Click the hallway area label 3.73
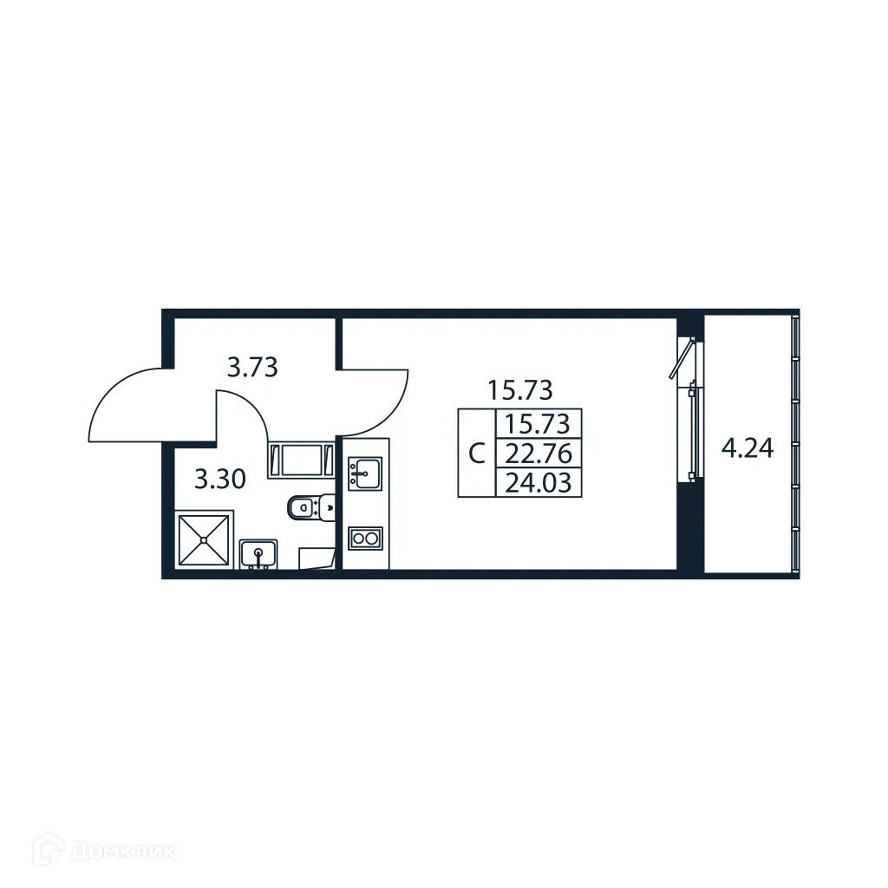tap(251, 368)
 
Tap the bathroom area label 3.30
tap(219, 479)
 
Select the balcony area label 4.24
tap(748, 449)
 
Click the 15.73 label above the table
tap(520, 390)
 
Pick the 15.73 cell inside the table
tap(538, 424)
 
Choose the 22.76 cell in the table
tap(538, 454)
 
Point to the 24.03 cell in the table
tap(538, 482)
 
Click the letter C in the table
tap(476, 454)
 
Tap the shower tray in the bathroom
tap(204, 540)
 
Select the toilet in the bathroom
tap(310, 507)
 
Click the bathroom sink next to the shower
tap(258, 552)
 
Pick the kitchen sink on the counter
tap(365, 473)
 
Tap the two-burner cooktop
tap(365, 539)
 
